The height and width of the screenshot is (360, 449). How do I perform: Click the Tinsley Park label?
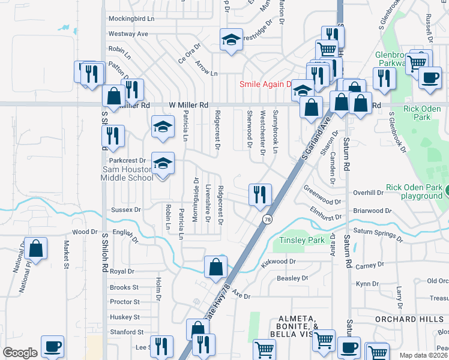click(x=301, y=241)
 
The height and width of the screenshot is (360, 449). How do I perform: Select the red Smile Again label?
click(x=265, y=85)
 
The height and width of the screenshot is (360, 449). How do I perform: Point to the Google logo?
click(x=20, y=353)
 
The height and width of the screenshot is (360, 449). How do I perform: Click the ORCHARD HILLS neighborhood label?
click(x=412, y=319)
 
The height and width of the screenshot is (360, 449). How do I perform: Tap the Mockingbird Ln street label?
click(x=131, y=19)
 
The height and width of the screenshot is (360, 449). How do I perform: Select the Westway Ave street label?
click(x=128, y=34)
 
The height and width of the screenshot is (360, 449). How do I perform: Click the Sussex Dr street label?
click(x=126, y=210)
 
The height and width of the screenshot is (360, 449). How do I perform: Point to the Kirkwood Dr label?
click(x=279, y=262)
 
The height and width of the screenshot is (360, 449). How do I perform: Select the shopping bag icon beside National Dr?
click(x=36, y=250)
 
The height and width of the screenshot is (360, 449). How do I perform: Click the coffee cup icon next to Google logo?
click(x=52, y=347)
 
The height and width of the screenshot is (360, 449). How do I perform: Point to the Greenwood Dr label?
click(x=322, y=202)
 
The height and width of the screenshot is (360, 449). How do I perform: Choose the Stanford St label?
click(x=125, y=332)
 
